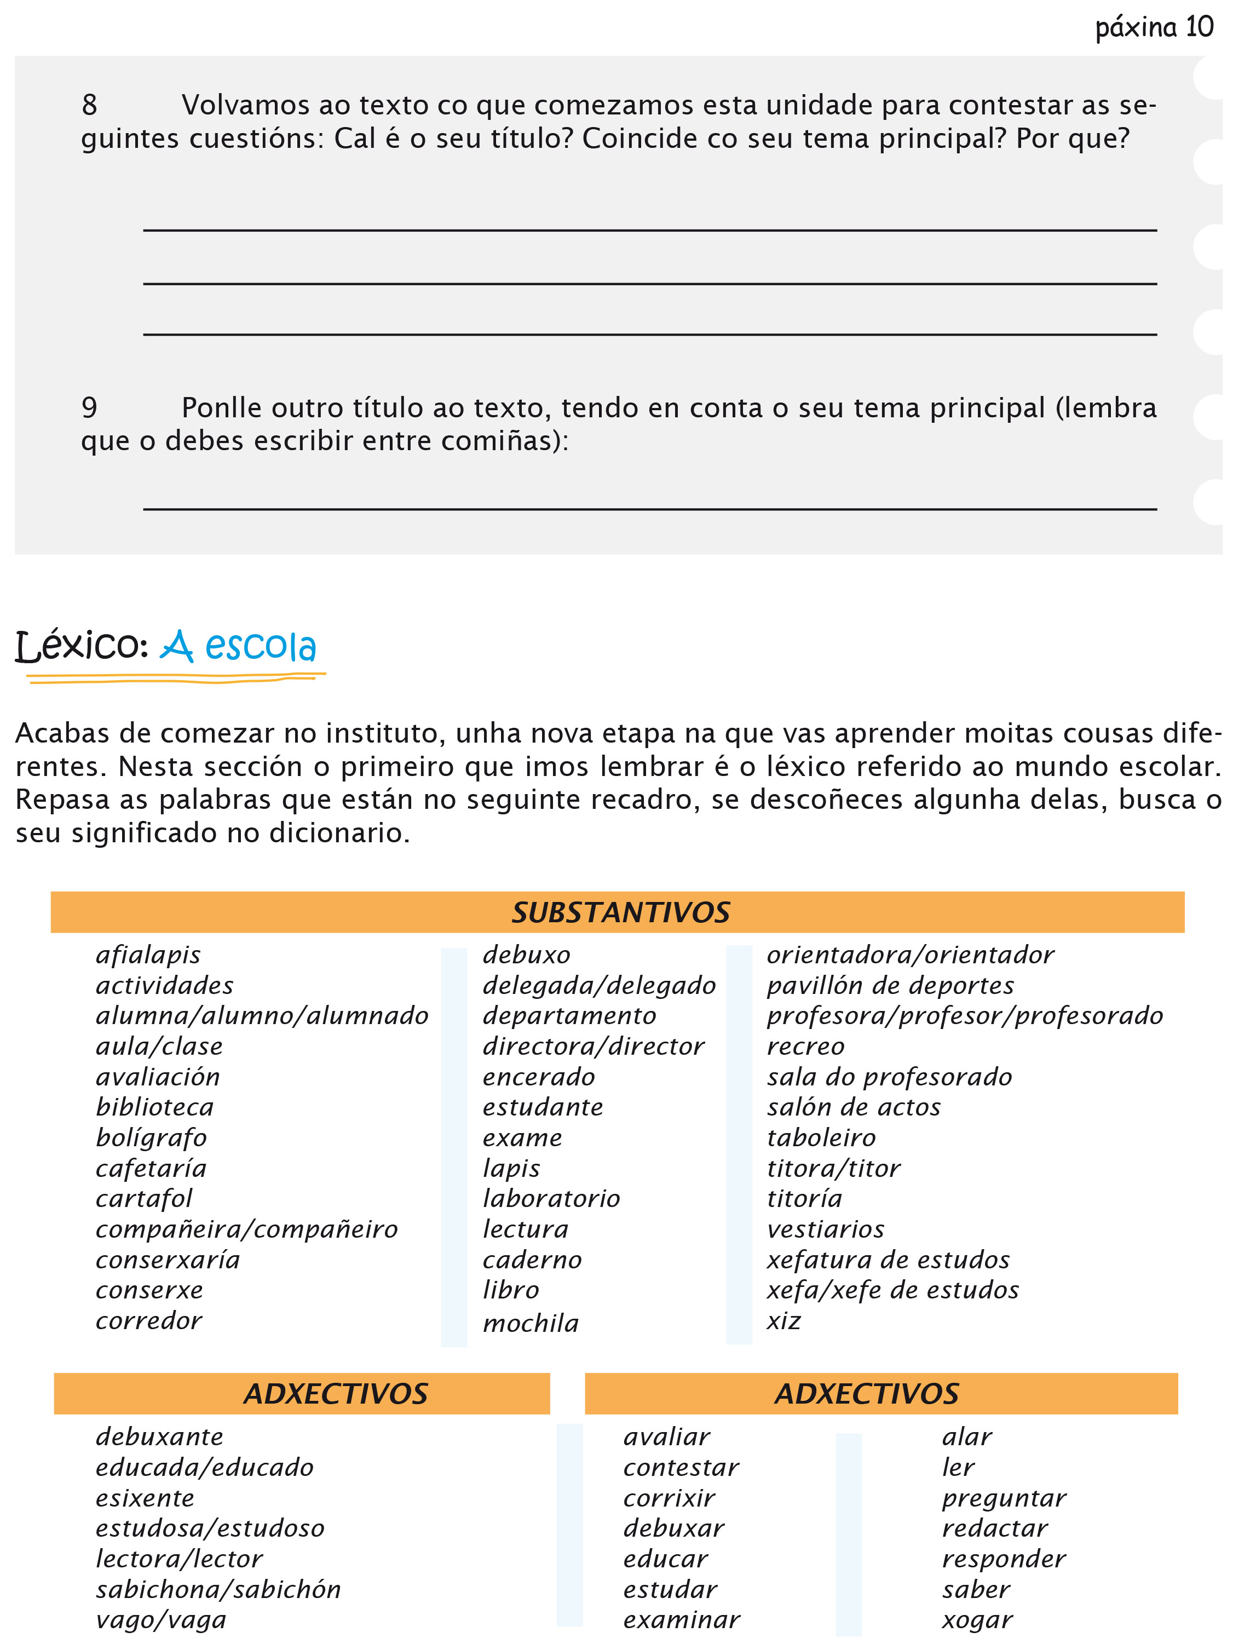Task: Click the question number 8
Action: click(x=90, y=105)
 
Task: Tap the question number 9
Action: click(x=90, y=408)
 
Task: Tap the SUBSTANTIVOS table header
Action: click(x=620, y=913)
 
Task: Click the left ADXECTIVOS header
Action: click(x=336, y=1394)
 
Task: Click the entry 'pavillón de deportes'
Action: click(x=890, y=986)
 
